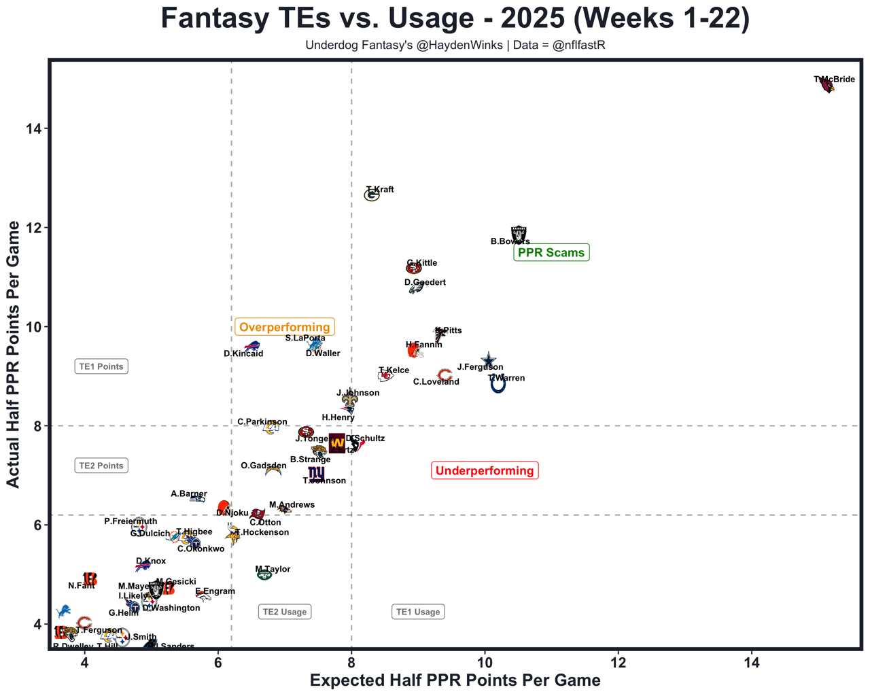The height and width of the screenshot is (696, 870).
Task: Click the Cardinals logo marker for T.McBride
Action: [826, 86]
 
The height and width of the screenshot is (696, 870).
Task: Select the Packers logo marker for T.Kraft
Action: [372, 196]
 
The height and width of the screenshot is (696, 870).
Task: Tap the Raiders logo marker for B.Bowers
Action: [519, 235]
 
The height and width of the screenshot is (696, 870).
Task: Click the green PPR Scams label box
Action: [551, 253]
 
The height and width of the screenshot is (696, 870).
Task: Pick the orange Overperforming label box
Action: [284, 327]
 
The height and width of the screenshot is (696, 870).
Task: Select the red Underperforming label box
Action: [485, 470]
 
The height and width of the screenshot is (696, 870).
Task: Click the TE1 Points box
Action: [101, 366]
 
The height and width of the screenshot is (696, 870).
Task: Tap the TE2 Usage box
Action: [285, 612]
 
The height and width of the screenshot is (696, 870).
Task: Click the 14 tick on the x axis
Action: [752, 661]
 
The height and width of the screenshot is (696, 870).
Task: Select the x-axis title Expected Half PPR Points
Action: [455, 680]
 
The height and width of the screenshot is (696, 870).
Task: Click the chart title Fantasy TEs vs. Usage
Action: [455, 18]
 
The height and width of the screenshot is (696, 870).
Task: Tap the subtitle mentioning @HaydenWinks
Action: [455, 46]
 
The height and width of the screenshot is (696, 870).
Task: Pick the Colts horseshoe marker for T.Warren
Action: [498, 385]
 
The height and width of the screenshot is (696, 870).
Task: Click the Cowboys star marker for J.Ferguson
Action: [489, 360]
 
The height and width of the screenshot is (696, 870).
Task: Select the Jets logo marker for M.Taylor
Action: [264, 575]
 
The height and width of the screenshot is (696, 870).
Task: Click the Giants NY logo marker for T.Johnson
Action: [316, 473]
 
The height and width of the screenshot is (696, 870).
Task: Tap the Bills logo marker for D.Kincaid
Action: [252, 347]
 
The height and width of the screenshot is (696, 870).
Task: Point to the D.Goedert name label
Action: [425, 282]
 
